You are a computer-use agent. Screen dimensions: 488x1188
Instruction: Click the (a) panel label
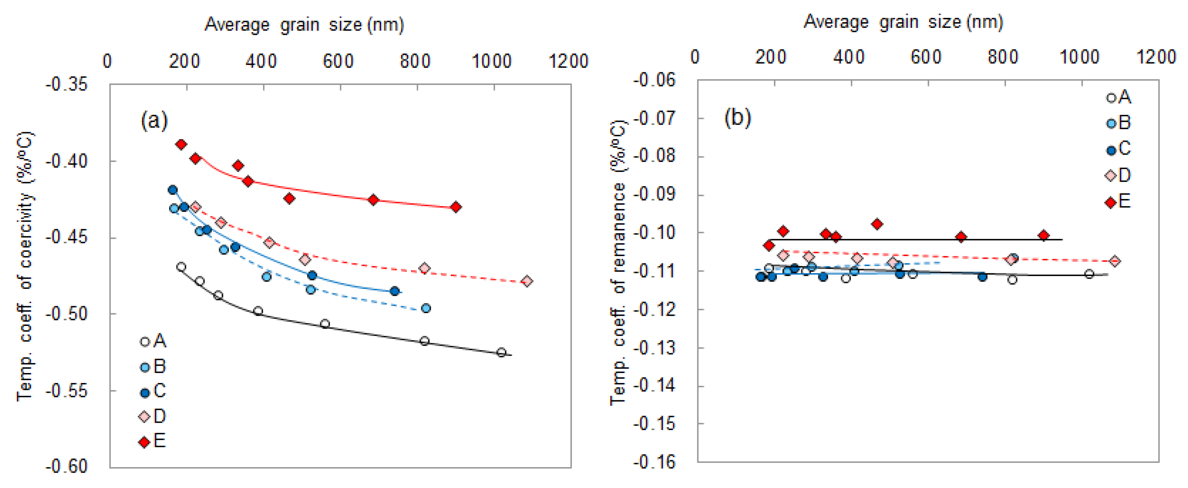[154, 121]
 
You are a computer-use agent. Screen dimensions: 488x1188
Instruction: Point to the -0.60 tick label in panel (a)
[66, 466]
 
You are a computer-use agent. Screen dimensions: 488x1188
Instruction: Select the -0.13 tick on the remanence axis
[654, 347]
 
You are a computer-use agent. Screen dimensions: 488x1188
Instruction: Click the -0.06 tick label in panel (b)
[654, 80]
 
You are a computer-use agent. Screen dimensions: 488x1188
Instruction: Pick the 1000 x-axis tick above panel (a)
[492, 61]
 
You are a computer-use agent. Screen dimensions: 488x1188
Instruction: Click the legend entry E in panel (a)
[153, 441]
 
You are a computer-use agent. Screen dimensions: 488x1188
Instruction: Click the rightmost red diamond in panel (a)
[456, 207]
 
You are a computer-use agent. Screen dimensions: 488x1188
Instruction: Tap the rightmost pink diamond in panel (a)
[527, 281]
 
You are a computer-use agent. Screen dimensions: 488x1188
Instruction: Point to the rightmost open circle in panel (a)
[501, 352]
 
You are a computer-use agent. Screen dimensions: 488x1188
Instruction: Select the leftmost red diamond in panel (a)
[181, 144]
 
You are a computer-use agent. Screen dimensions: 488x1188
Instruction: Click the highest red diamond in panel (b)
[877, 224]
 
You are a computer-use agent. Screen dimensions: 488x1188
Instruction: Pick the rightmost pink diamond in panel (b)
[1115, 261]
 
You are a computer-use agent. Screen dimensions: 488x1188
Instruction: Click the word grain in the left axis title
[300, 25]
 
